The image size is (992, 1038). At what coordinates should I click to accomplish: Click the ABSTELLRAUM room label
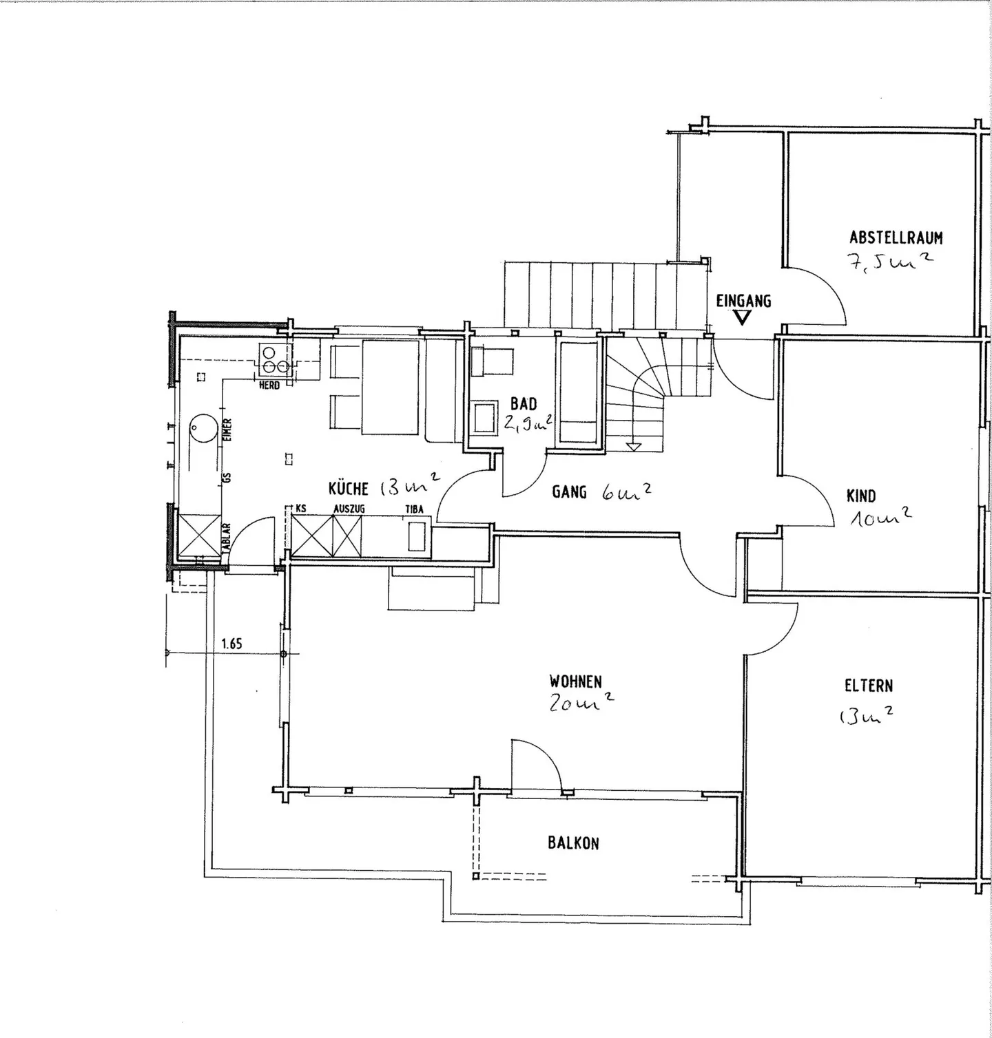896,238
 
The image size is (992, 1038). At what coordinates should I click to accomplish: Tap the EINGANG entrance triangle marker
742,317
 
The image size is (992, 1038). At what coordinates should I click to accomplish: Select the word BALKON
573,843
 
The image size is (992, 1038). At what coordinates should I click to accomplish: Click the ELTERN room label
868,686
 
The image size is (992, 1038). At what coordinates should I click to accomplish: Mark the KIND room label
861,496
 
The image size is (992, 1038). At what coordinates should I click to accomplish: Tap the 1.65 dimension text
231,644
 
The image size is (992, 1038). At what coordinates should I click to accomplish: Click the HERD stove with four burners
275,360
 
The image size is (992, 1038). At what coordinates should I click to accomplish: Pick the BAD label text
524,404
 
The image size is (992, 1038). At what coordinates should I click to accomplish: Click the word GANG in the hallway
569,491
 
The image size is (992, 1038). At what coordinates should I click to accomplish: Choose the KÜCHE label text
349,489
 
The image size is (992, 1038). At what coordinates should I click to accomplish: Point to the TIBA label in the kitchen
414,510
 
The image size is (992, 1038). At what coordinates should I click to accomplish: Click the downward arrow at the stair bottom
634,446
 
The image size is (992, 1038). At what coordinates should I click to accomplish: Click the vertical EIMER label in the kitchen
227,430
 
